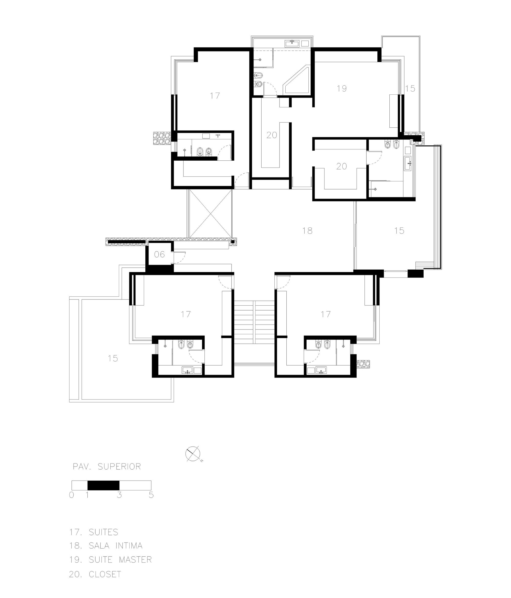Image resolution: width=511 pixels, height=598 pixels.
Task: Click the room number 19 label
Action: pos(341,88)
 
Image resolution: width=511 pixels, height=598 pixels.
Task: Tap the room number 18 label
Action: pos(307,231)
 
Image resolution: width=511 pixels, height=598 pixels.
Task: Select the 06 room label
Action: pos(159,254)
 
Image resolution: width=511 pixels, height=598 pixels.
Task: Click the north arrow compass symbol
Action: pos(193,454)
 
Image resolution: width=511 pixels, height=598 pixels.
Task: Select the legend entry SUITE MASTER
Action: pos(110,560)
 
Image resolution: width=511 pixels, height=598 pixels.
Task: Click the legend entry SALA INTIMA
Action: pos(106,546)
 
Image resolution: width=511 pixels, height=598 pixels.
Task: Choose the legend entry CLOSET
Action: pos(95,574)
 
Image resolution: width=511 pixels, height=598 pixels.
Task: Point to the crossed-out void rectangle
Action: pos(210,213)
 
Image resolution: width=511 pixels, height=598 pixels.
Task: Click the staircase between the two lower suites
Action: pos(254,322)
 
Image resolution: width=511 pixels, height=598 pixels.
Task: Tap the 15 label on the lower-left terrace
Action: pos(113,358)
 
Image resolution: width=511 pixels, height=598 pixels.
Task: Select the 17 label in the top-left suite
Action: pos(215,95)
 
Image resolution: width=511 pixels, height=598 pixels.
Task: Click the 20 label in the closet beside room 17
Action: pos(272,135)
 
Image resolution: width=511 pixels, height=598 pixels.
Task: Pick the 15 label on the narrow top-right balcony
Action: pos(410,88)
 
